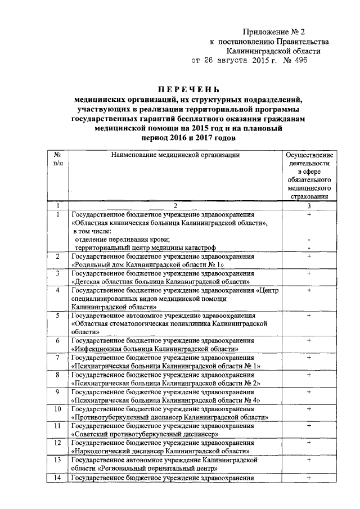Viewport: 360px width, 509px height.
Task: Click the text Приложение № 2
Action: (x=276, y=31)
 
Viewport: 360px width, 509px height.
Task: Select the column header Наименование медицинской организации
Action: (x=175, y=155)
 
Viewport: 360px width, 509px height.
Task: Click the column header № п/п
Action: (x=57, y=158)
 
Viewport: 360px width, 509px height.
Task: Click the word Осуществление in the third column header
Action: (x=309, y=155)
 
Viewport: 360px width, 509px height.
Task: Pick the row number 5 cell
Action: (x=57, y=316)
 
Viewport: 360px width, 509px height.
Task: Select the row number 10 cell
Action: (x=57, y=409)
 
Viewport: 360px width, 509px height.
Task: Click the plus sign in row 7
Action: (x=309, y=358)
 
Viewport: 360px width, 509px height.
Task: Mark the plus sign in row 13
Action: (x=309, y=460)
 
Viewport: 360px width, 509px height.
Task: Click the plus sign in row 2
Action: (x=309, y=256)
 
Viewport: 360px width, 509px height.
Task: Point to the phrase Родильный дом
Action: (x=100, y=264)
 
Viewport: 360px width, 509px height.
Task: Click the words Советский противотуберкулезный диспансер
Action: (x=145, y=434)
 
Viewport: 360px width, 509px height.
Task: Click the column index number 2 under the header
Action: (x=175, y=205)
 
